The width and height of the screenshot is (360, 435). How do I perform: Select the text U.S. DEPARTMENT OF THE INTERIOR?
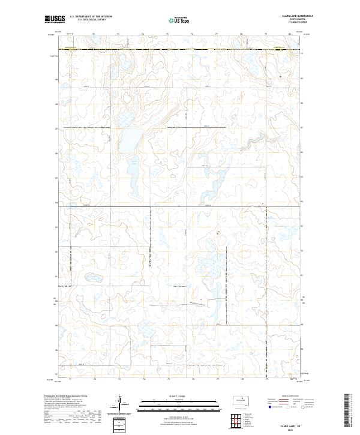(x=91, y=17)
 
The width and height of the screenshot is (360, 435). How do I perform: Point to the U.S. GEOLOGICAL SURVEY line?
(x=91, y=20)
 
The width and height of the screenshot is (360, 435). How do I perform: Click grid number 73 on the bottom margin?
(x=119, y=379)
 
